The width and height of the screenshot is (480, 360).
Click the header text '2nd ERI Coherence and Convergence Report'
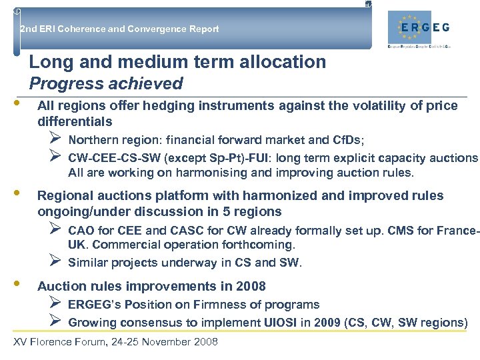click(x=119, y=29)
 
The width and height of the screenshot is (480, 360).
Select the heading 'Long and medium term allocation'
click(x=177, y=63)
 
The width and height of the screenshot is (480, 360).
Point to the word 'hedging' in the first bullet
click(x=157, y=105)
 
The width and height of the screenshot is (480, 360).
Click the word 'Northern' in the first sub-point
click(x=92, y=140)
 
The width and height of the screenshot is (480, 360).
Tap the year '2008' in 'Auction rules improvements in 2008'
click(x=251, y=287)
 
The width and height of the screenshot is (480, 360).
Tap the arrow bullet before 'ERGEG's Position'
click(x=55, y=303)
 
